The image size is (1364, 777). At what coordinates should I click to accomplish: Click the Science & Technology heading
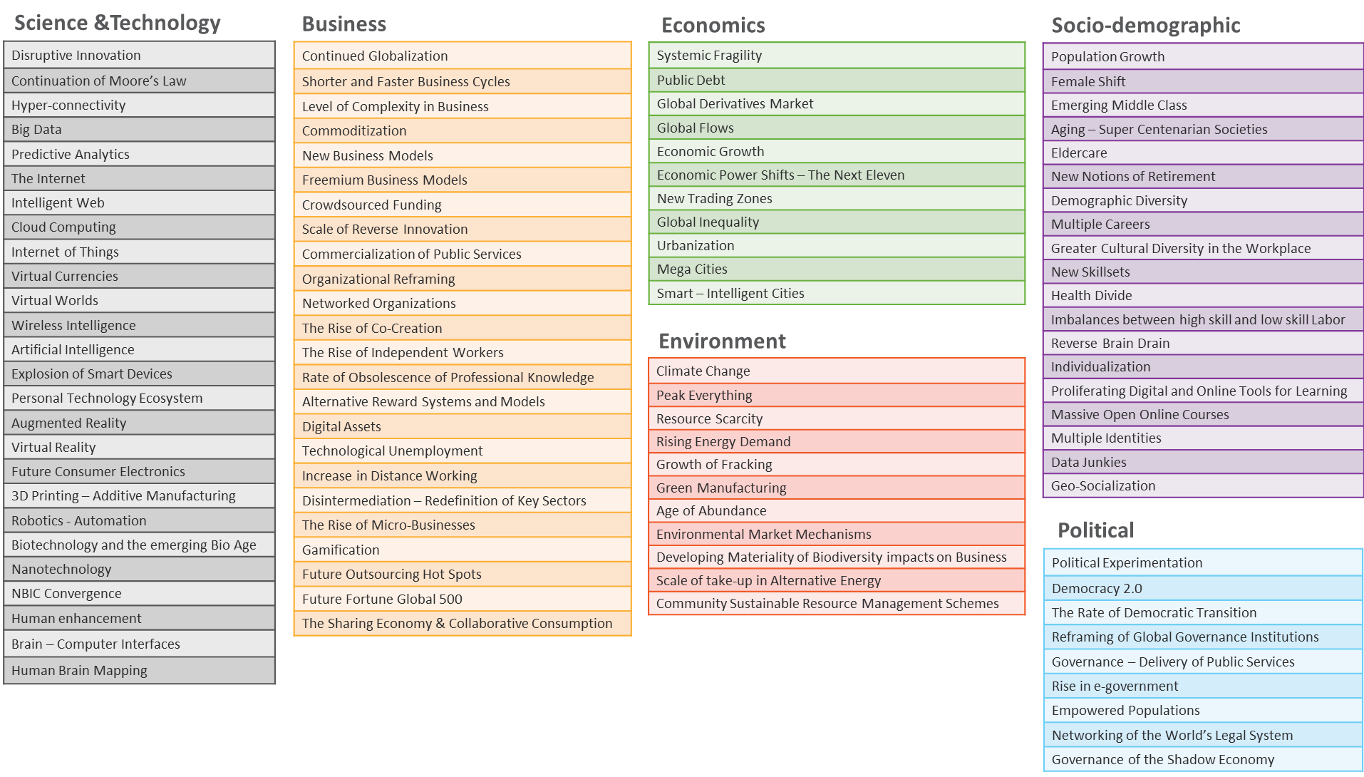pyautogui.click(x=118, y=23)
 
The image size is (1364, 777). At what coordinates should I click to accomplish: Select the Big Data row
pyautogui.click(x=139, y=130)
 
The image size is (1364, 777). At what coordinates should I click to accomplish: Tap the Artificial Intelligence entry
pyautogui.click(x=139, y=349)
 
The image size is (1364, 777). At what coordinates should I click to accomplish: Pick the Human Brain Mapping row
pyautogui.click(x=139, y=671)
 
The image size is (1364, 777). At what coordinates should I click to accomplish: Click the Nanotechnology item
pyautogui.click(x=139, y=570)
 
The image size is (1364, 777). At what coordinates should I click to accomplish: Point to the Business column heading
pyautogui.click(x=344, y=24)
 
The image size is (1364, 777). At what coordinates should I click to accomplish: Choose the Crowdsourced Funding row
pyautogui.click(x=462, y=205)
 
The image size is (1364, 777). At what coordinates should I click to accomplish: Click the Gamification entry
pyautogui.click(x=462, y=550)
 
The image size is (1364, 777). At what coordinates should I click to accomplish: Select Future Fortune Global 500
pyautogui.click(x=462, y=600)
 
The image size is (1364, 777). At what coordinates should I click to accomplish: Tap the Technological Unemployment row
pyautogui.click(x=462, y=451)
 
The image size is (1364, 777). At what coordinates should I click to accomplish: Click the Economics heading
pyautogui.click(x=713, y=26)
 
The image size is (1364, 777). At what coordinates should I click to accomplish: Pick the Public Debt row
pyautogui.click(x=836, y=81)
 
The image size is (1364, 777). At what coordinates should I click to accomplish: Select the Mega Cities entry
pyautogui.click(x=836, y=269)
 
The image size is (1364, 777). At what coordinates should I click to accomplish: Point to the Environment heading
pyautogui.click(x=723, y=341)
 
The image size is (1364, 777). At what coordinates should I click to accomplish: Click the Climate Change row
pyautogui.click(x=836, y=371)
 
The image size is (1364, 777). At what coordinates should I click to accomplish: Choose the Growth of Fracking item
pyautogui.click(x=836, y=465)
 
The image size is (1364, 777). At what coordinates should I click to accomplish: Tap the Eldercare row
pyautogui.click(x=1202, y=153)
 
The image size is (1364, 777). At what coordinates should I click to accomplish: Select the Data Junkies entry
pyautogui.click(x=1202, y=463)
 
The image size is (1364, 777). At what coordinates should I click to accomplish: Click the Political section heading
pyautogui.click(x=1096, y=530)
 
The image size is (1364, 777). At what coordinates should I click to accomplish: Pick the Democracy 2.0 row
pyautogui.click(x=1202, y=589)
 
